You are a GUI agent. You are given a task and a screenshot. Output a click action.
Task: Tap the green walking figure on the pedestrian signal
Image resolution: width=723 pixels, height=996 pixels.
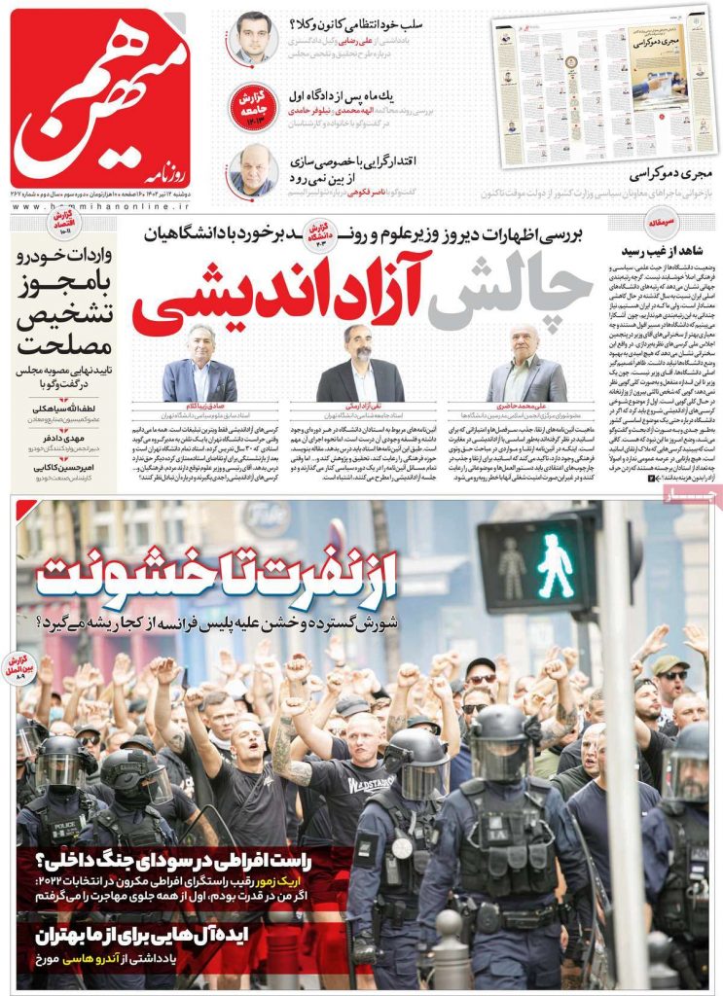pos(555,565)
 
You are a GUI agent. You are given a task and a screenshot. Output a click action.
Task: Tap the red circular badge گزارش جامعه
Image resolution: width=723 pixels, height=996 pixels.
pos(248,103)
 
